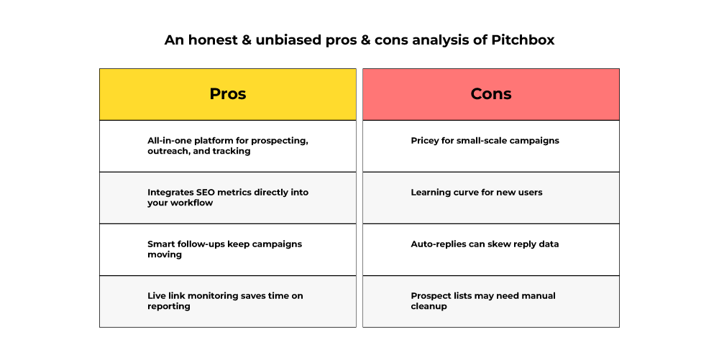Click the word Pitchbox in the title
(x=523, y=40)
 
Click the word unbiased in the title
(x=288, y=40)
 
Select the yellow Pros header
(x=228, y=94)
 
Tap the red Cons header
(x=491, y=94)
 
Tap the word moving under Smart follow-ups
(x=165, y=255)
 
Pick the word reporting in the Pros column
(x=169, y=307)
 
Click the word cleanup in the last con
(x=429, y=307)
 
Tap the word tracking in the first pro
(x=232, y=152)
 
